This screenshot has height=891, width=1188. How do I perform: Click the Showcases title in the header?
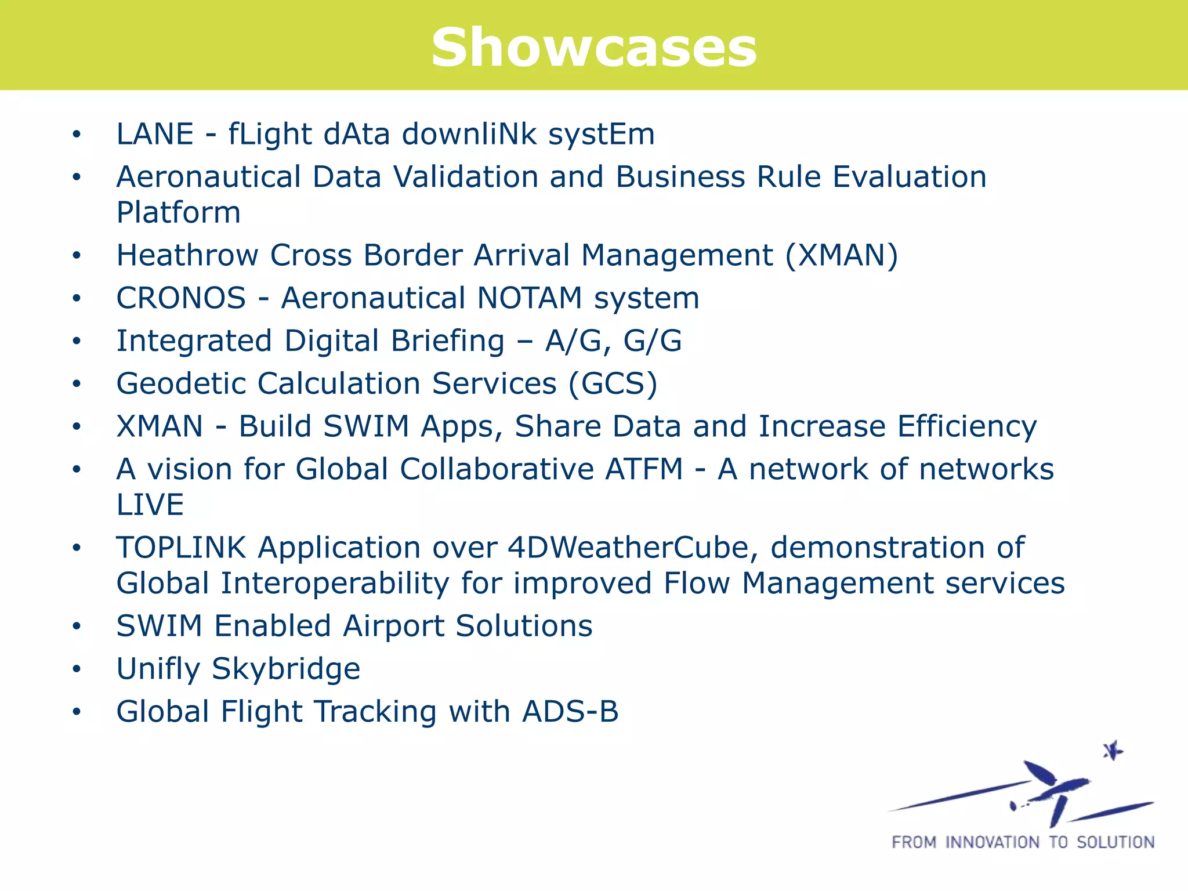point(593,48)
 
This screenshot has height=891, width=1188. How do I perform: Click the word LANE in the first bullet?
point(154,134)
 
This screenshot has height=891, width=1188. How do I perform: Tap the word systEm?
point(602,135)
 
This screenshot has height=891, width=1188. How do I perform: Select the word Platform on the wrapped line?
point(178,213)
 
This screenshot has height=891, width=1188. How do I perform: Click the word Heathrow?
point(187,255)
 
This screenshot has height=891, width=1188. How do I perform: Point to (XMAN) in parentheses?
point(841,256)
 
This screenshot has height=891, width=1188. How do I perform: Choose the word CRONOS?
point(181,298)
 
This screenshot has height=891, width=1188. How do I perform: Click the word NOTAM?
point(529,298)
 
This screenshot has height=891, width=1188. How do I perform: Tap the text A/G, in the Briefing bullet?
point(578,341)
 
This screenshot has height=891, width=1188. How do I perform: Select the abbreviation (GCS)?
point(613,384)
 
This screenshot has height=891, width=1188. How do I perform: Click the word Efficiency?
point(967,427)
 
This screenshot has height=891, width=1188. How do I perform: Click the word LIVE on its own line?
point(150,505)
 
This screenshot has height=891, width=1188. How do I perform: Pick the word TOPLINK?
point(181,548)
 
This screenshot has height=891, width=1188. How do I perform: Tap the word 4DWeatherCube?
point(633,548)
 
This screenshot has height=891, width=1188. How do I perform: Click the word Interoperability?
point(335,584)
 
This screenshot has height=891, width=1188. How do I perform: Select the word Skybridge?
point(286,669)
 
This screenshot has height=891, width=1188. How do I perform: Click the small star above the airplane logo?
point(1113,751)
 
